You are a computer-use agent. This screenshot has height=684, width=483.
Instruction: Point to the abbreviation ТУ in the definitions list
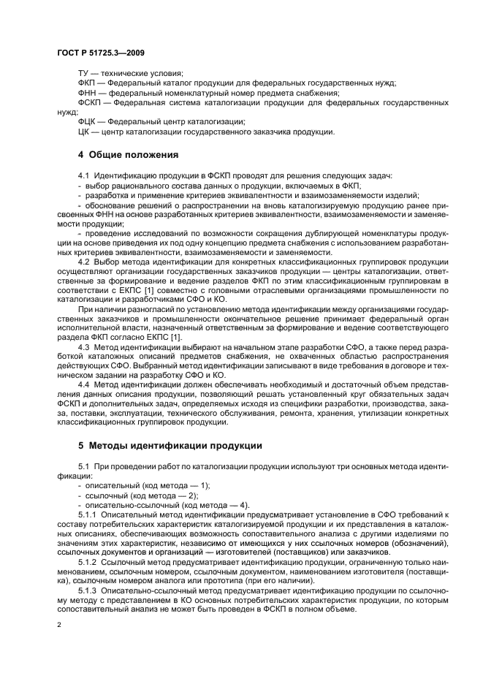[84, 73]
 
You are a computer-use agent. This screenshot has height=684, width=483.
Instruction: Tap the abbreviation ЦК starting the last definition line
[83, 132]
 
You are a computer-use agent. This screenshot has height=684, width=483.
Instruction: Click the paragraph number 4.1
[83, 176]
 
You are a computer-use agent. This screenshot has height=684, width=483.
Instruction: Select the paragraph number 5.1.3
[88, 590]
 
